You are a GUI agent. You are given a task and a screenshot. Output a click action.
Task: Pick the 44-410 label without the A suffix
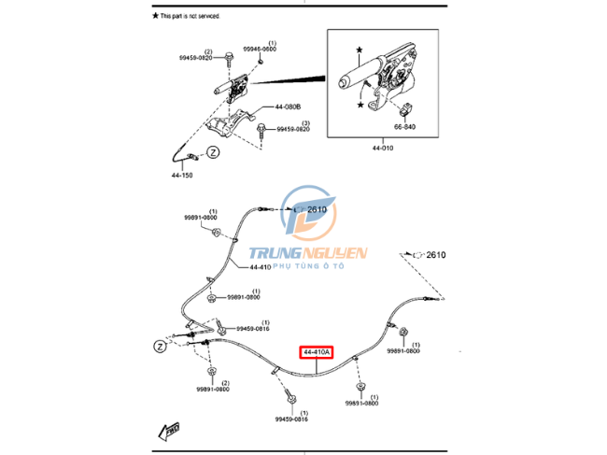[x=261, y=267]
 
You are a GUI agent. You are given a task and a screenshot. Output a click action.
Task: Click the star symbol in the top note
[x=155, y=17]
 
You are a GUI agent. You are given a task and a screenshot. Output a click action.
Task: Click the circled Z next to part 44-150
[x=212, y=151]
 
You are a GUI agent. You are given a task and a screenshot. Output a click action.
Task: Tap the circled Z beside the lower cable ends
[x=160, y=345]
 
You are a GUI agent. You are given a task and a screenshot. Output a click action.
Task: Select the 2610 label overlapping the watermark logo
[x=316, y=210]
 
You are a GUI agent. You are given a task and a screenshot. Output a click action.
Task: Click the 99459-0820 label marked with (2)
[x=197, y=58]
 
